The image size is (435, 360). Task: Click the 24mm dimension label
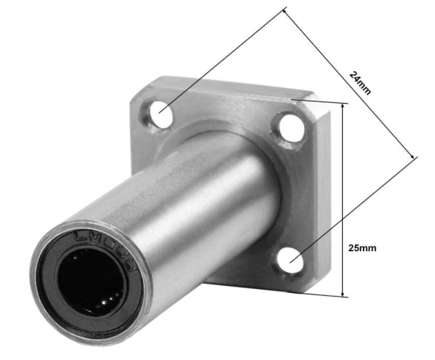point(360,82)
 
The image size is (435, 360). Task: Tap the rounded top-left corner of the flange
point(143,85)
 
